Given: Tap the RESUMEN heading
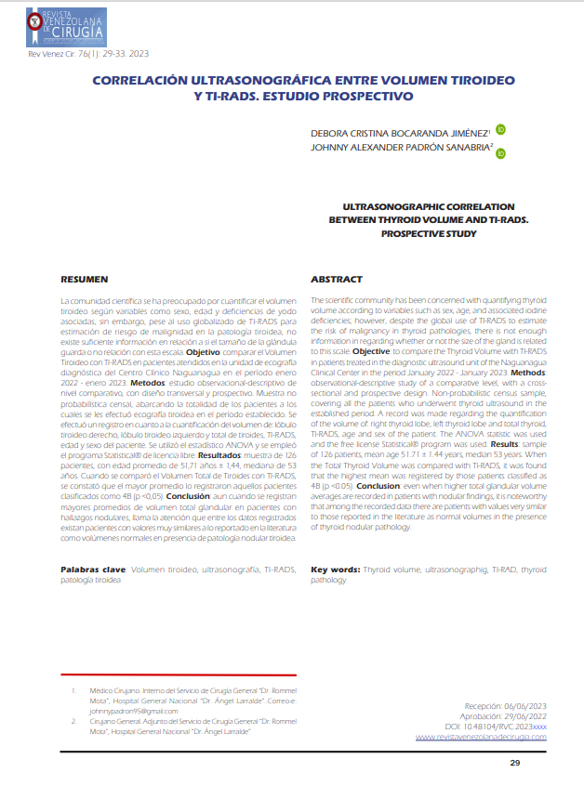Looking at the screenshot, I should coord(85,279).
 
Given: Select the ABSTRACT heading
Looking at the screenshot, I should coord(336,279).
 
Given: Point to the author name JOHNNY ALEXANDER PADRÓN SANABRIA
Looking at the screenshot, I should coord(400,148).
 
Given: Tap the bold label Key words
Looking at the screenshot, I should coord(334,568).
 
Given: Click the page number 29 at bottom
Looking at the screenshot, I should coord(514,763).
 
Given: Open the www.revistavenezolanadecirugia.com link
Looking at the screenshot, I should coord(480,736).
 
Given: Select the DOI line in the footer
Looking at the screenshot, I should coord(496,726).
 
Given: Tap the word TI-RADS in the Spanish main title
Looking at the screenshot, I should coord(224,97).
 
